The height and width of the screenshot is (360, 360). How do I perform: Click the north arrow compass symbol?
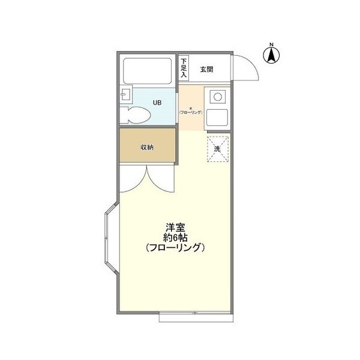click(271, 56)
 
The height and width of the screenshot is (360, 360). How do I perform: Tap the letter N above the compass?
click(271, 44)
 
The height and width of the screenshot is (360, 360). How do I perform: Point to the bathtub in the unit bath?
click(149, 71)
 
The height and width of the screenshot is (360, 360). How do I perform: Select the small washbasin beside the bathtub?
click(124, 95)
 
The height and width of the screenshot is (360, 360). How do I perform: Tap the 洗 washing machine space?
click(218, 148)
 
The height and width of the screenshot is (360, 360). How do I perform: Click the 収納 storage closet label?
click(148, 147)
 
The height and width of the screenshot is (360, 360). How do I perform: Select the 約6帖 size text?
click(175, 237)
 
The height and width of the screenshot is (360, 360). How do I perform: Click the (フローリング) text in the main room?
click(175, 247)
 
